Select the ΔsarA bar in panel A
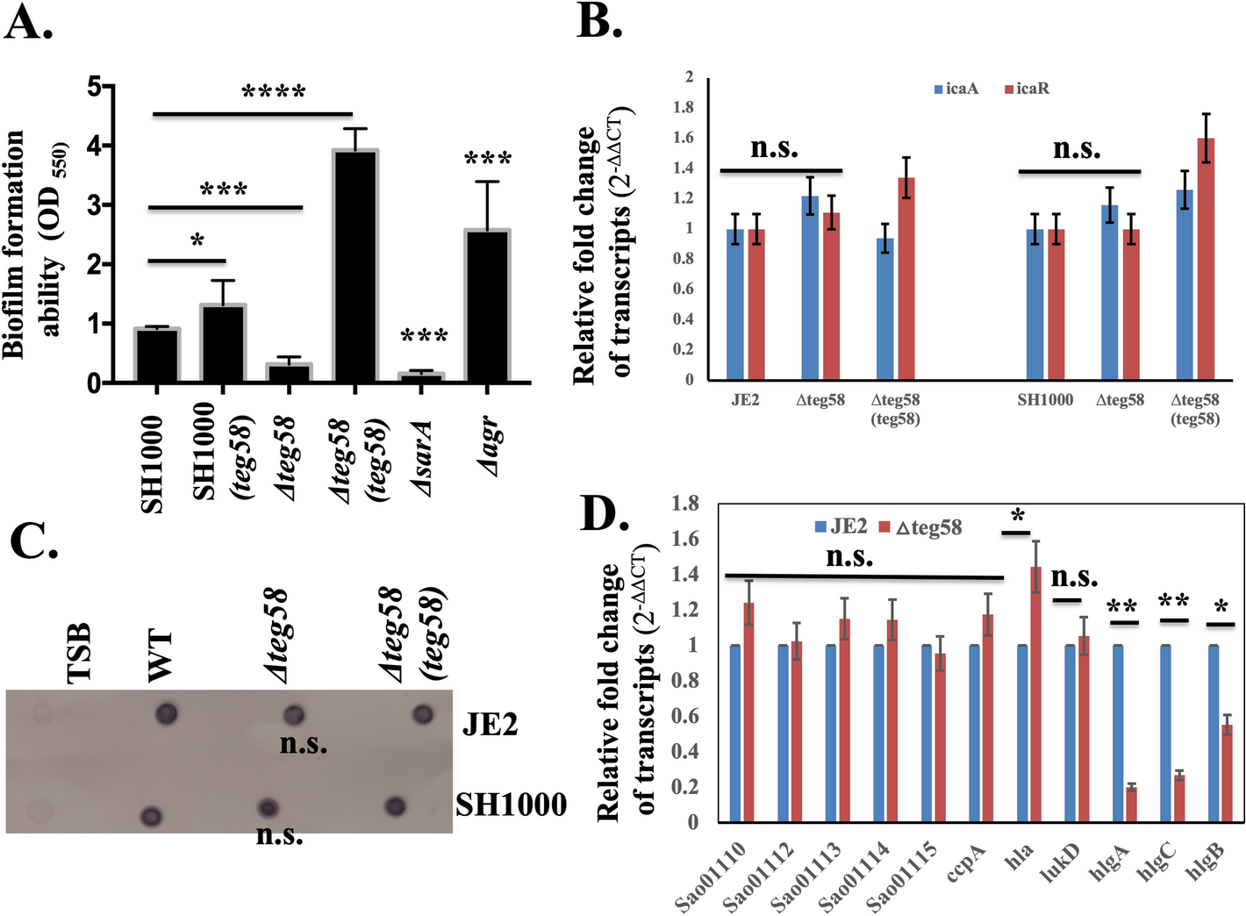[421, 376]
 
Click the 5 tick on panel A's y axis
[96, 86]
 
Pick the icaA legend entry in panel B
[956, 89]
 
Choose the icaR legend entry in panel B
[1027, 89]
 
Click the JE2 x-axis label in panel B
[745, 400]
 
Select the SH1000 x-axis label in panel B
[1045, 400]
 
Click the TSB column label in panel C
[80, 653]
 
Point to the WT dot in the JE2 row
[166, 713]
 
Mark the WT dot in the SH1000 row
[152, 817]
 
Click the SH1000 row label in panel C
[511, 805]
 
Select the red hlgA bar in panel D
[1131, 804]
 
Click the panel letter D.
[605, 516]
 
